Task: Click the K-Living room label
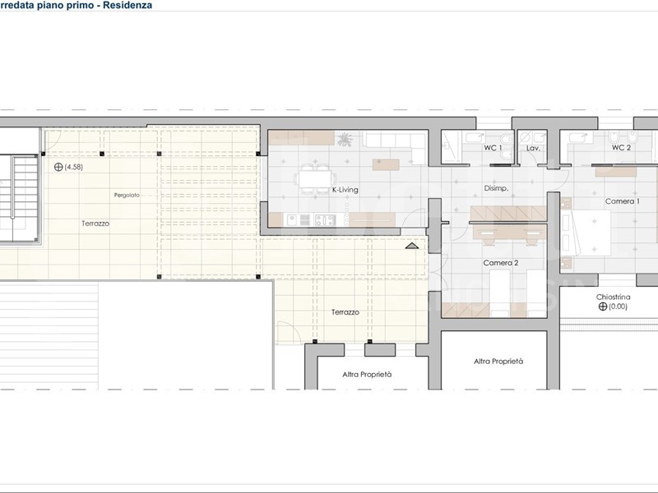click(x=345, y=190)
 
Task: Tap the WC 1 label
click(x=493, y=148)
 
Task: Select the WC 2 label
click(x=621, y=148)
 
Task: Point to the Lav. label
click(x=533, y=149)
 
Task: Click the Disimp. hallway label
click(x=496, y=189)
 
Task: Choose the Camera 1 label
click(x=623, y=201)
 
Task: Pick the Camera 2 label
click(x=501, y=263)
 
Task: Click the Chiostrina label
click(x=613, y=297)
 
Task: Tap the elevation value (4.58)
click(x=73, y=167)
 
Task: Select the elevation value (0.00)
click(x=618, y=306)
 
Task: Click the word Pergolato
click(x=127, y=196)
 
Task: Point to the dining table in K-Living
click(x=314, y=180)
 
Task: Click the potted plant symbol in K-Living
click(x=345, y=140)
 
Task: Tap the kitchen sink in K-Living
click(x=298, y=219)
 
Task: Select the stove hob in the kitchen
click(x=325, y=219)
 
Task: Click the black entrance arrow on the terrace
click(x=412, y=246)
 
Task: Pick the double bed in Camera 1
click(x=589, y=233)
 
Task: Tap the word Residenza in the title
click(x=127, y=6)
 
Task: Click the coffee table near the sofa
click(x=386, y=165)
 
